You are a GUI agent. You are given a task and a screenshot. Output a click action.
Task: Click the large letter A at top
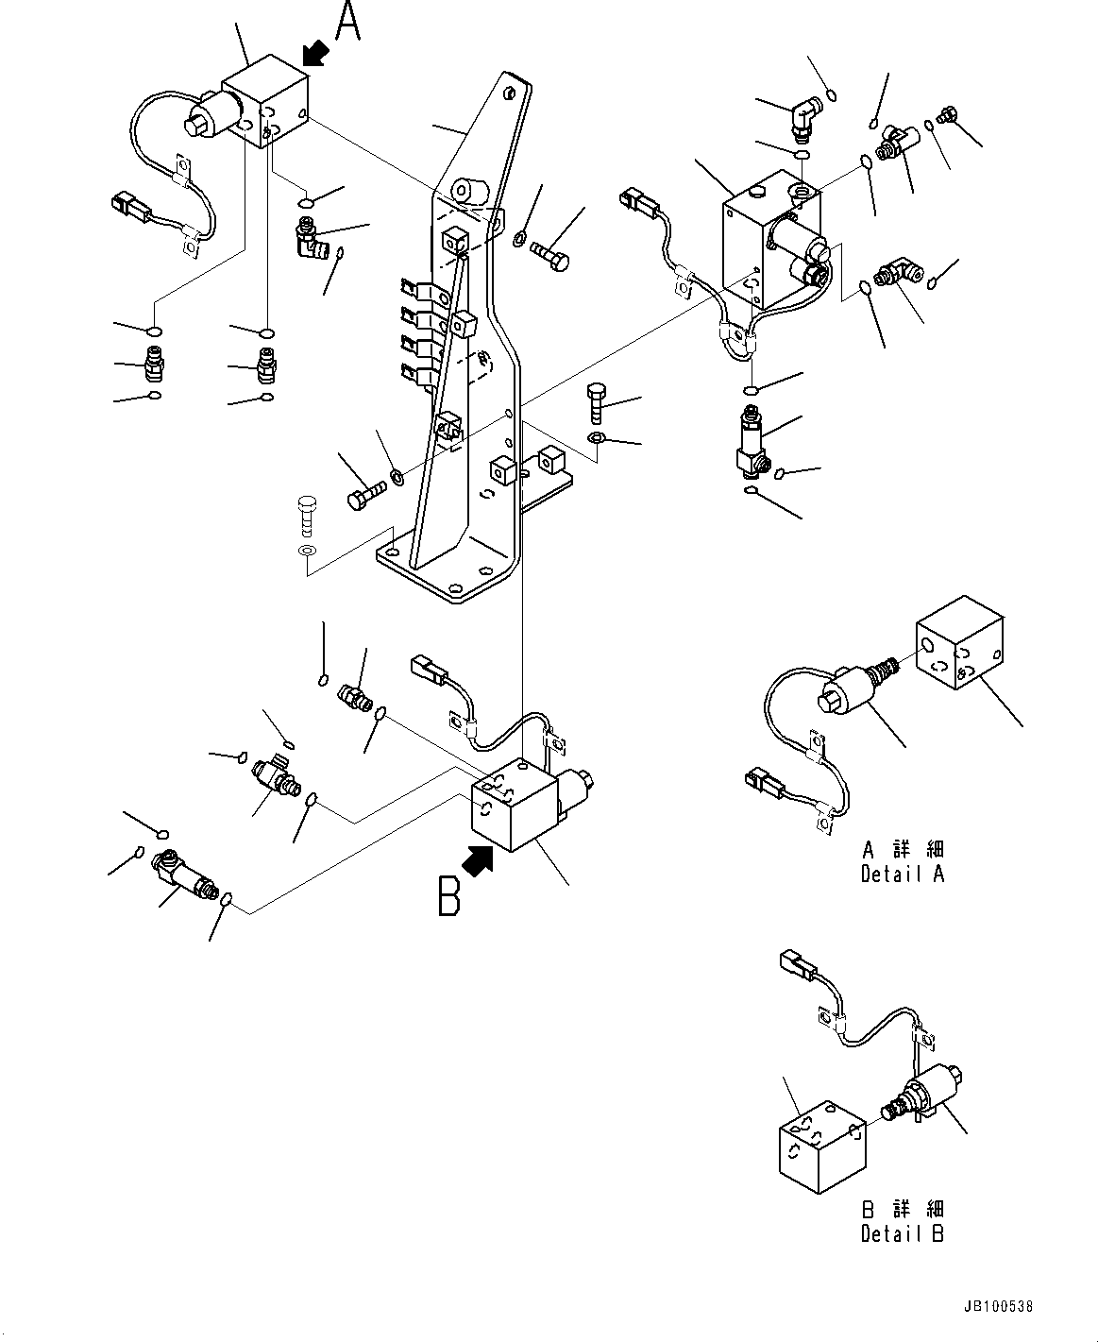348,22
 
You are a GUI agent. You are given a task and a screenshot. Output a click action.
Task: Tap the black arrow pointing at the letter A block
317,53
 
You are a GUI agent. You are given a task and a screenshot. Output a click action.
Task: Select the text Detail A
903,874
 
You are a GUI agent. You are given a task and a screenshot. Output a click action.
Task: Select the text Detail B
903,1233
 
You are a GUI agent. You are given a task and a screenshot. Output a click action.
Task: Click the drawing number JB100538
999,1308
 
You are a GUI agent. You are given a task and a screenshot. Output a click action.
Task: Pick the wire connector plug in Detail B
795,968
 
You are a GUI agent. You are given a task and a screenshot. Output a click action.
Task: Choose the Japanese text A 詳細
903,848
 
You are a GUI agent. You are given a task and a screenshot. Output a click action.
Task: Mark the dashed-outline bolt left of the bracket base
305,516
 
